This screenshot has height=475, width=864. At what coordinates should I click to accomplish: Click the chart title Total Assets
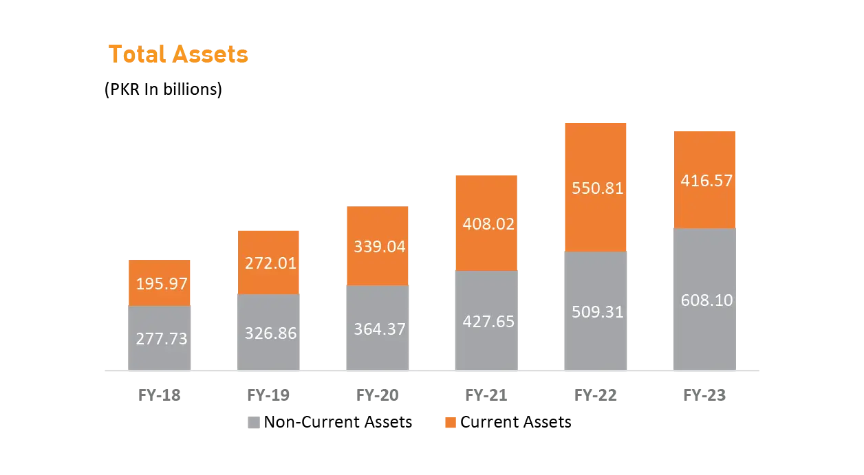click(177, 54)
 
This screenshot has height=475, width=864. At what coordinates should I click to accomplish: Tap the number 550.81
click(598, 188)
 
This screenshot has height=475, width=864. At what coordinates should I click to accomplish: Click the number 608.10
click(706, 300)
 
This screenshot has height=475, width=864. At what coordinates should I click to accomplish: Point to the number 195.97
click(162, 283)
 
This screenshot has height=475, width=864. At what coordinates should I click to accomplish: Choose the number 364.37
click(380, 329)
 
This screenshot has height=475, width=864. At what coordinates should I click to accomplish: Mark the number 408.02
click(488, 224)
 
